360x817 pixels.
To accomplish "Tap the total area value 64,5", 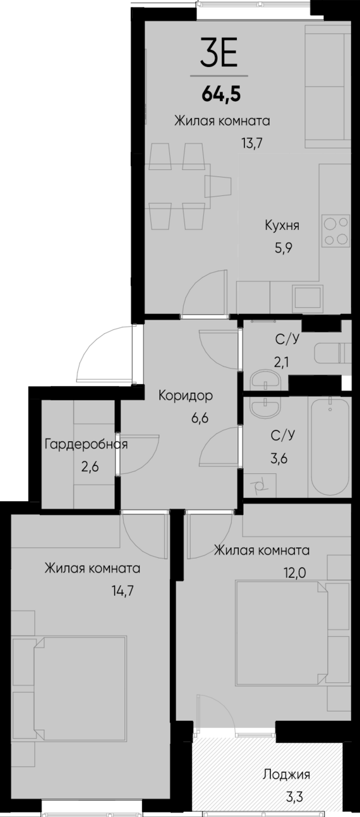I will click(221, 95).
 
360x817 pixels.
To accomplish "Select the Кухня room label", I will click(282, 226).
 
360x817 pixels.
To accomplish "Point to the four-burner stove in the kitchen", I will click(335, 231).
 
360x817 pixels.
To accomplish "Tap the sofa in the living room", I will click(327, 85).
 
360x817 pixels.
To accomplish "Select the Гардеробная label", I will click(86, 444).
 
